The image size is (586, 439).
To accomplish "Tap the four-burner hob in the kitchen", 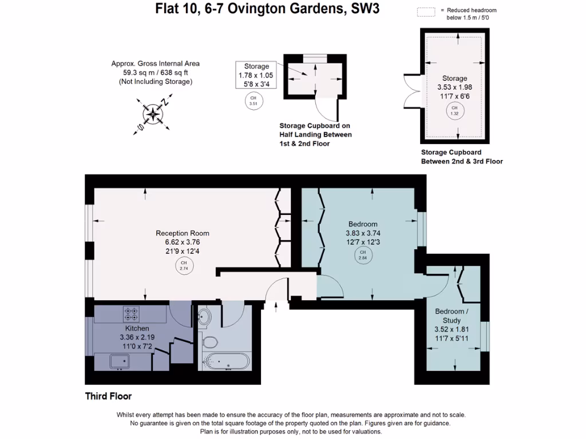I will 131,314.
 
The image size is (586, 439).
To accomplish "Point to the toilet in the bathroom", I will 210,342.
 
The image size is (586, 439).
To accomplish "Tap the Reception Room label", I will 183,233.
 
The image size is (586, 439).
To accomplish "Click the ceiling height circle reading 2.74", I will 184,266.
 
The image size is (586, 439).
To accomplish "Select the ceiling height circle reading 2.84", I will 362,255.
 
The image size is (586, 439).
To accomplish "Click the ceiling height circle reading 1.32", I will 455,110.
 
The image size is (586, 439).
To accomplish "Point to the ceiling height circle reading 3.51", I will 253,102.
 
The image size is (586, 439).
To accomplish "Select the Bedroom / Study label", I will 451,316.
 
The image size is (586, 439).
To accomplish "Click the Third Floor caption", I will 109,396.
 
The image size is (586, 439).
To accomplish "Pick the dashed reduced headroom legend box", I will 426,11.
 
